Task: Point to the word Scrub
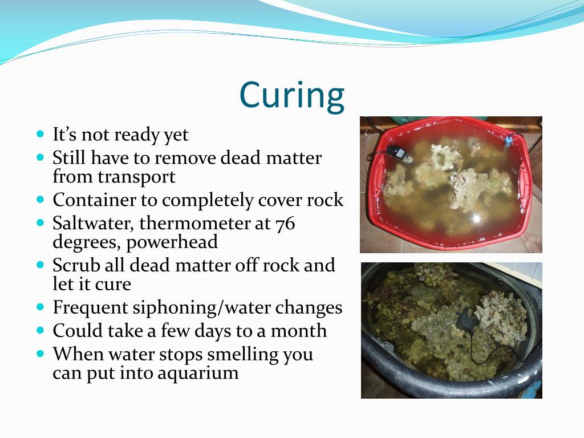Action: pyautogui.click(x=74, y=265)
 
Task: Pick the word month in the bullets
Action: pyautogui.click(x=299, y=331)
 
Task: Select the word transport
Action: pyautogui.click(x=136, y=177)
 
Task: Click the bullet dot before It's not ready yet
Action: pyautogui.click(x=40, y=135)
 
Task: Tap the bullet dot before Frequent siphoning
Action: pyautogui.click(x=40, y=307)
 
